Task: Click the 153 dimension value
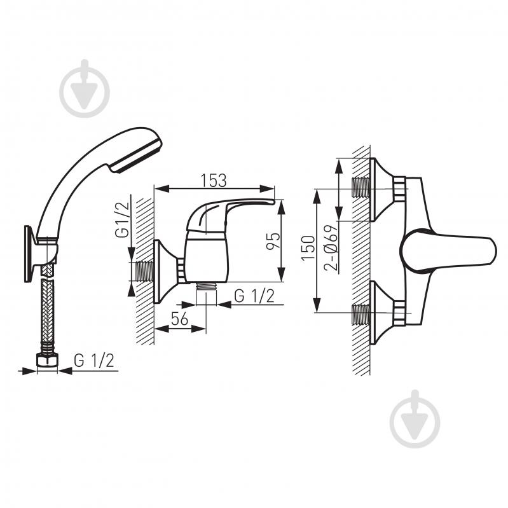click(x=214, y=181)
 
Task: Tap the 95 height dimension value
click(x=273, y=241)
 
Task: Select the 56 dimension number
click(x=179, y=319)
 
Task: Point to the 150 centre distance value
click(x=308, y=248)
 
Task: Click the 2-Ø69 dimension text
click(x=331, y=248)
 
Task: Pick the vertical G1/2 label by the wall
click(x=123, y=220)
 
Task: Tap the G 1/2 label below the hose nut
click(x=94, y=360)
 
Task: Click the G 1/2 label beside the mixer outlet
click(x=254, y=296)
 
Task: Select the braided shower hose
click(x=48, y=311)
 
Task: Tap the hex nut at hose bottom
click(x=47, y=360)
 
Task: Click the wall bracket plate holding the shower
click(x=29, y=254)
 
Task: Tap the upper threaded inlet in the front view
click(x=360, y=188)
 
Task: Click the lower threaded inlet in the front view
click(x=360, y=313)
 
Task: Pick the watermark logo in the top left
click(x=85, y=88)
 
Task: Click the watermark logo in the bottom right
click(x=415, y=419)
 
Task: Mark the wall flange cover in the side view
click(x=165, y=271)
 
